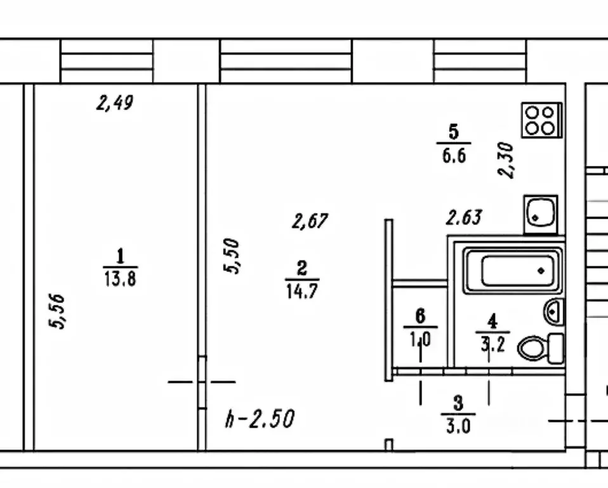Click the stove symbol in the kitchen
(x=541, y=120)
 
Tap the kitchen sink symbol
(x=541, y=214)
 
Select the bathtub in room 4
(x=513, y=271)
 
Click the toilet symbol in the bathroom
(x=540, y=348)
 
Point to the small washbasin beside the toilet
(x=553, y=312)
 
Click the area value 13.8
(x=120, y=278)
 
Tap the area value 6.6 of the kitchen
(x=454, y=154)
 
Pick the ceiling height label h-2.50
(x=260, y=419)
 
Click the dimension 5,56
(x=58, y=311)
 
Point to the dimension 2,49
(x=115, y=102)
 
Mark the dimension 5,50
(x=232, y=255)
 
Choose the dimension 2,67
(x=310, y=221)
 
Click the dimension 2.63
(x=463, y=218)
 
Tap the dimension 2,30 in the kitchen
(x=506, y=160)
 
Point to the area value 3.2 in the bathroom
(x=491, y=346)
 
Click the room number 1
(x=120, y=257)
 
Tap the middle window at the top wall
(x=286, y=61)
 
